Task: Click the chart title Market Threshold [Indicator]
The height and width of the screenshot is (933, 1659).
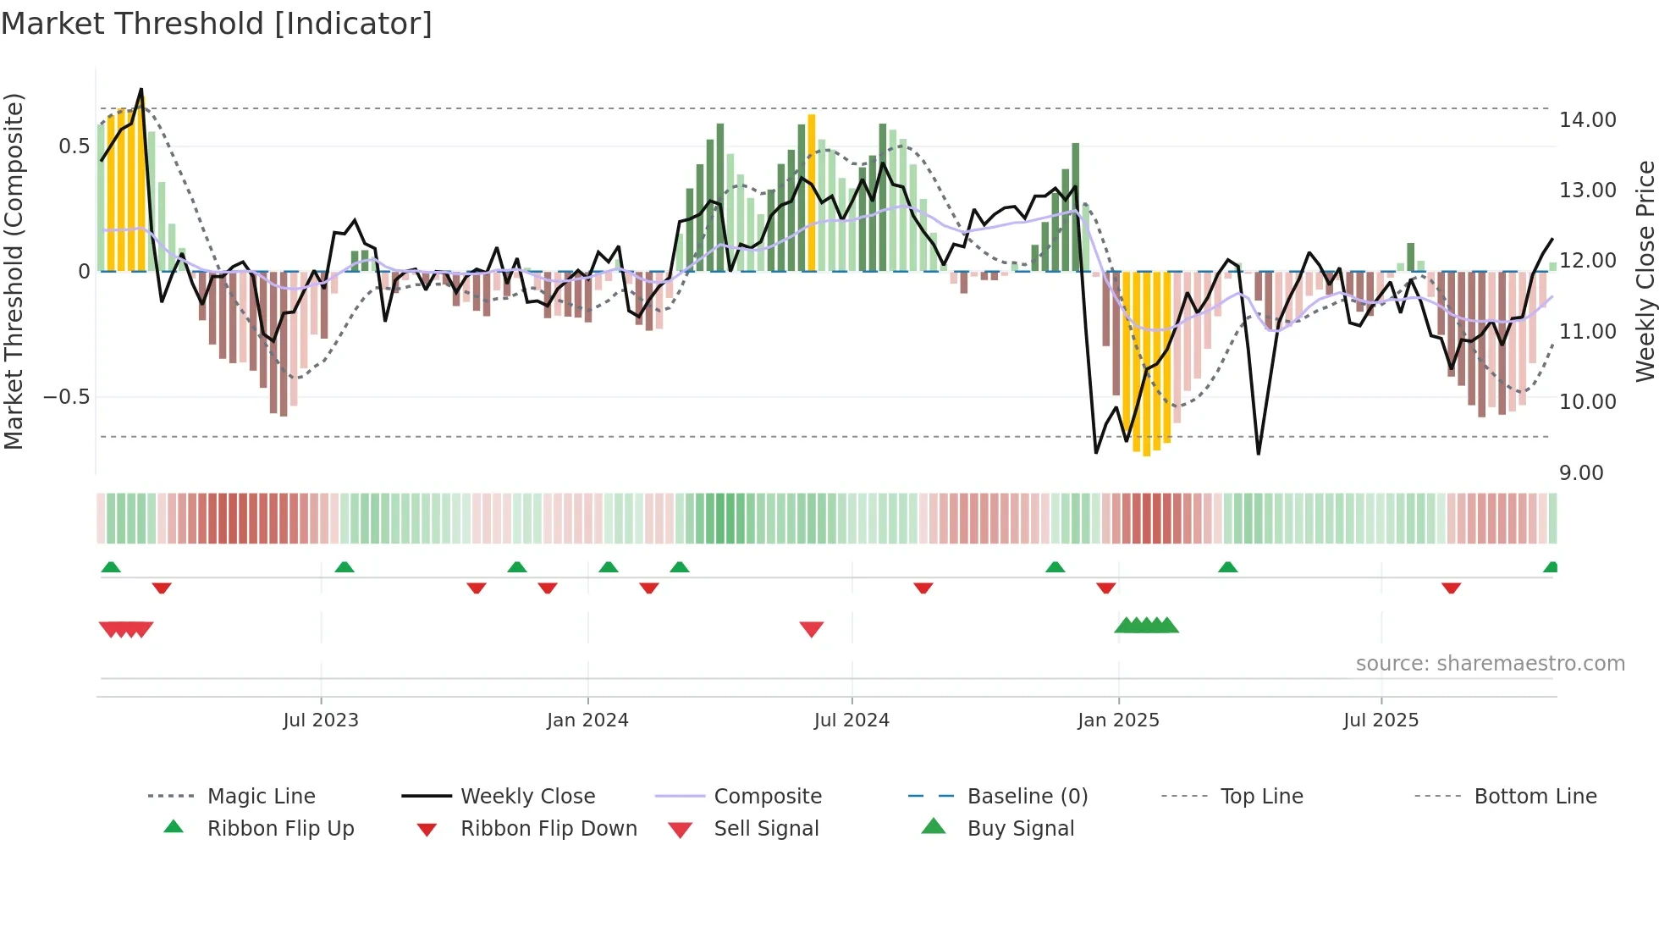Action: coord(217,24)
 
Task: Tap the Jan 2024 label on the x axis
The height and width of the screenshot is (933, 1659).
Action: coord(587,720)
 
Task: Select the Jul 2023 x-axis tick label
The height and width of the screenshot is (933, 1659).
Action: coord(321,720)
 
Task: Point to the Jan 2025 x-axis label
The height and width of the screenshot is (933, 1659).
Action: coord(1118,720)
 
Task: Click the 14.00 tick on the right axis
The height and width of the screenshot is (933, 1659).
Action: coord(1587,120)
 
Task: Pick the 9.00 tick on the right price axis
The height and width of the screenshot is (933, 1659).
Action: coord(1580,473)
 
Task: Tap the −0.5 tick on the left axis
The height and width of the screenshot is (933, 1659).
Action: coord(67,397)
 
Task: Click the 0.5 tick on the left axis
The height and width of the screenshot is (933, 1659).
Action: coord(74,146)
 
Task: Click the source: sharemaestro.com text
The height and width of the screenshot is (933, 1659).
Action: coord(1490,664)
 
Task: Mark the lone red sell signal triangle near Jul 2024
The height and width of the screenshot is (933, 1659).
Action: coord(811,629)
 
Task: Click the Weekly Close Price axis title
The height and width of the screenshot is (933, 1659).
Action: coord(1645,271)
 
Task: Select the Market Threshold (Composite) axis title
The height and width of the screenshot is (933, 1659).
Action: coord(14,271)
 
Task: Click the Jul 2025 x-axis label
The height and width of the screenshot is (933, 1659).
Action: coord(1381,720)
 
